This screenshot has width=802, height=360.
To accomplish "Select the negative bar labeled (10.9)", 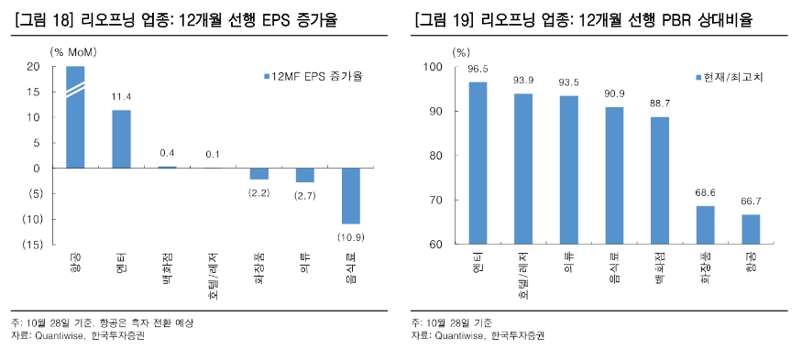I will [x=351, y=195].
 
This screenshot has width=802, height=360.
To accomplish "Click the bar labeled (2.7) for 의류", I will [x=304, y=175].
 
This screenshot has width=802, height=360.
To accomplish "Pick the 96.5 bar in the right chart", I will [x=478, y=163].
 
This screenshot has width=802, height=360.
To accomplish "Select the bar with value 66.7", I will [x=751, y=229].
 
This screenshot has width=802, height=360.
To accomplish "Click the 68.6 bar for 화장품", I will [x=705, y=224].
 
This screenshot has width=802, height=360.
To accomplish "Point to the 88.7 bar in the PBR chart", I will [x=659, y=180].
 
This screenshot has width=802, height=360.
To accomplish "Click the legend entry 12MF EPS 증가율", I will [x=312, y=77].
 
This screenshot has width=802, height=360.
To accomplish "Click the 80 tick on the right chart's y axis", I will [x=436, y=156].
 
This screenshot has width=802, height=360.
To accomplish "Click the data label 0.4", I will [x=167, y=153].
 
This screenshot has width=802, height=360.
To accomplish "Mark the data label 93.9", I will [x=523, y=80].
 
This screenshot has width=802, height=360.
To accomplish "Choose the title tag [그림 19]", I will [x=445, y=16].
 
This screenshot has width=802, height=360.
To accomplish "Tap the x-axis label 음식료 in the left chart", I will [x=351, y=267].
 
